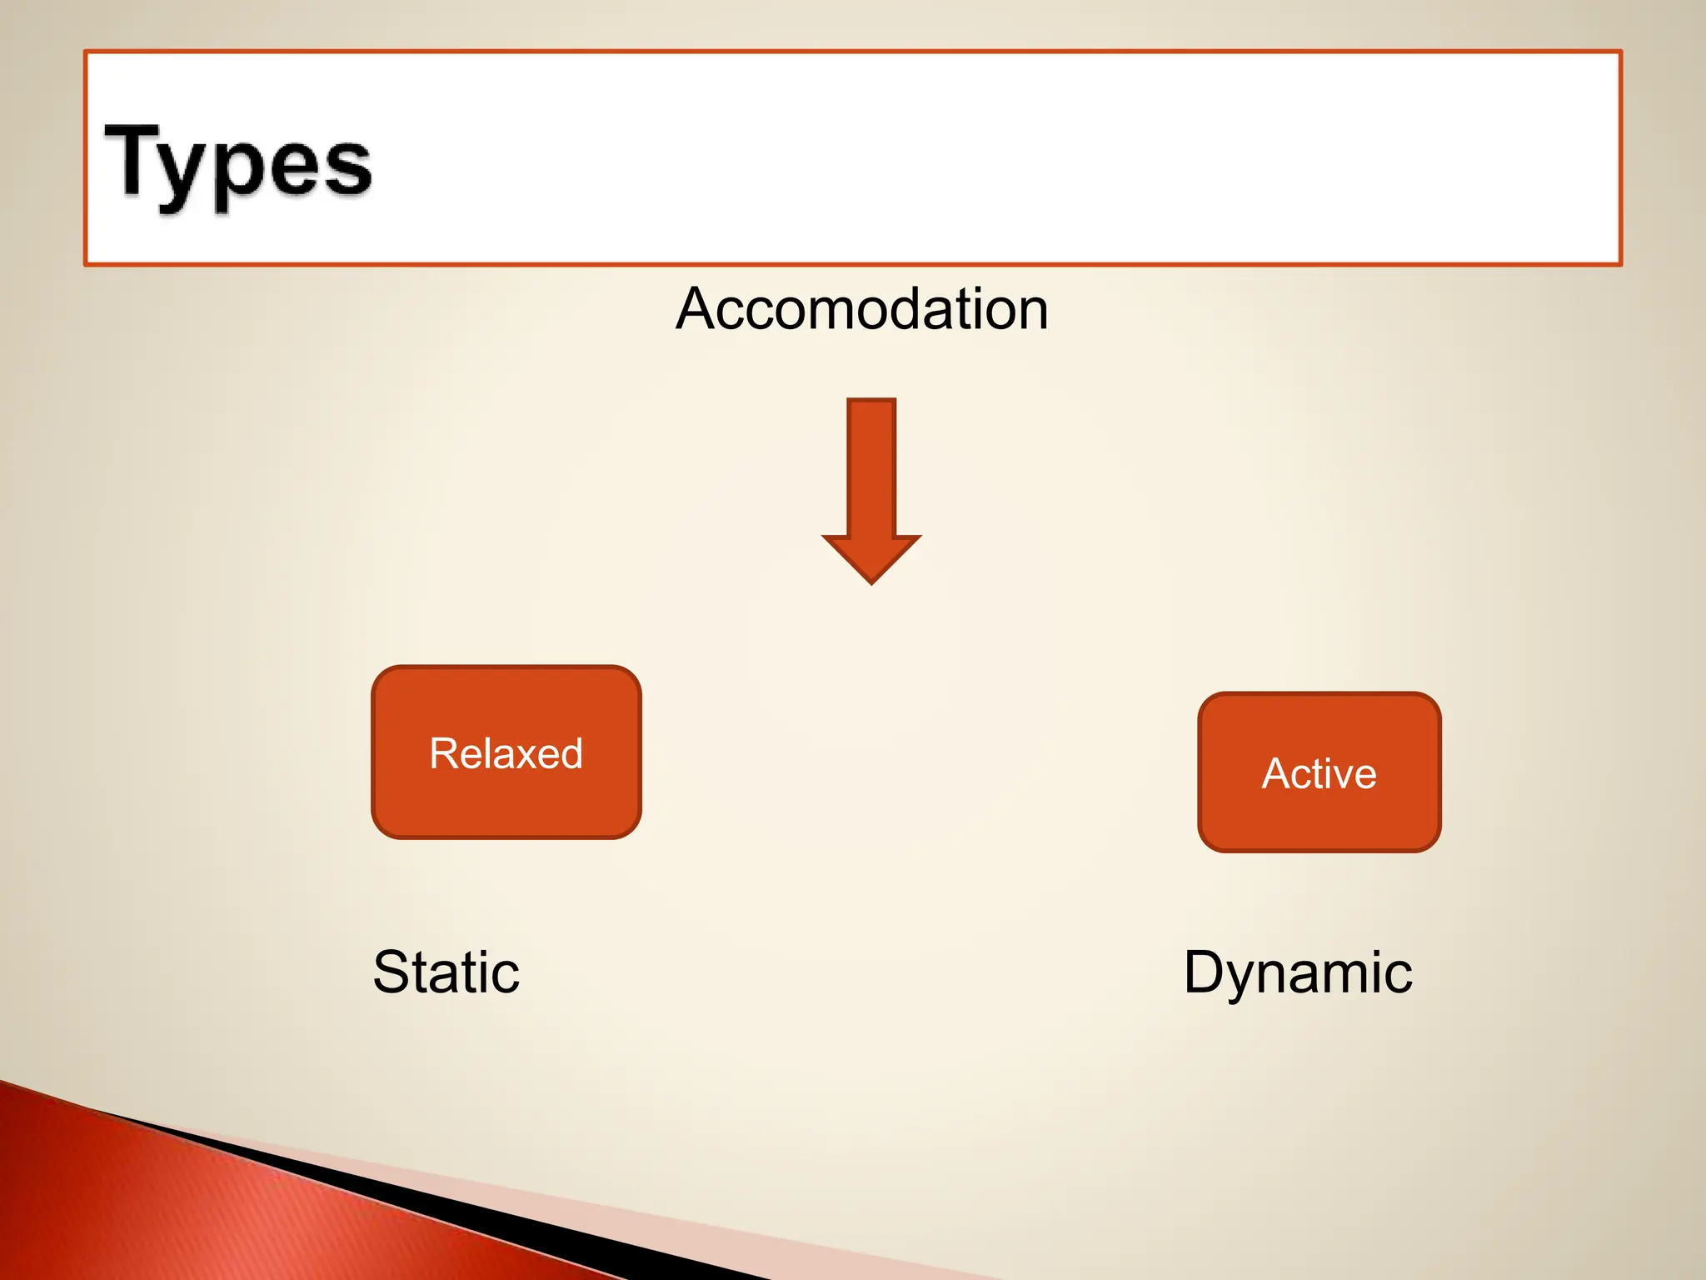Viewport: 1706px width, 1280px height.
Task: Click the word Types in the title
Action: [237, 163]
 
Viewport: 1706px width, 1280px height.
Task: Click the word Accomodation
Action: [861, 309]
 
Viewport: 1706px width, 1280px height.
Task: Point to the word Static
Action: [446, 972]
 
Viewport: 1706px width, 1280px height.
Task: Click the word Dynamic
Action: [1298, 972]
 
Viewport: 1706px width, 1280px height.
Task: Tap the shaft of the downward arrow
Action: [871, 467]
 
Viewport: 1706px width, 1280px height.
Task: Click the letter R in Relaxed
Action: [445, 753]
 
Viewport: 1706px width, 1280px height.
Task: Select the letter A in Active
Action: [1278, 773]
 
